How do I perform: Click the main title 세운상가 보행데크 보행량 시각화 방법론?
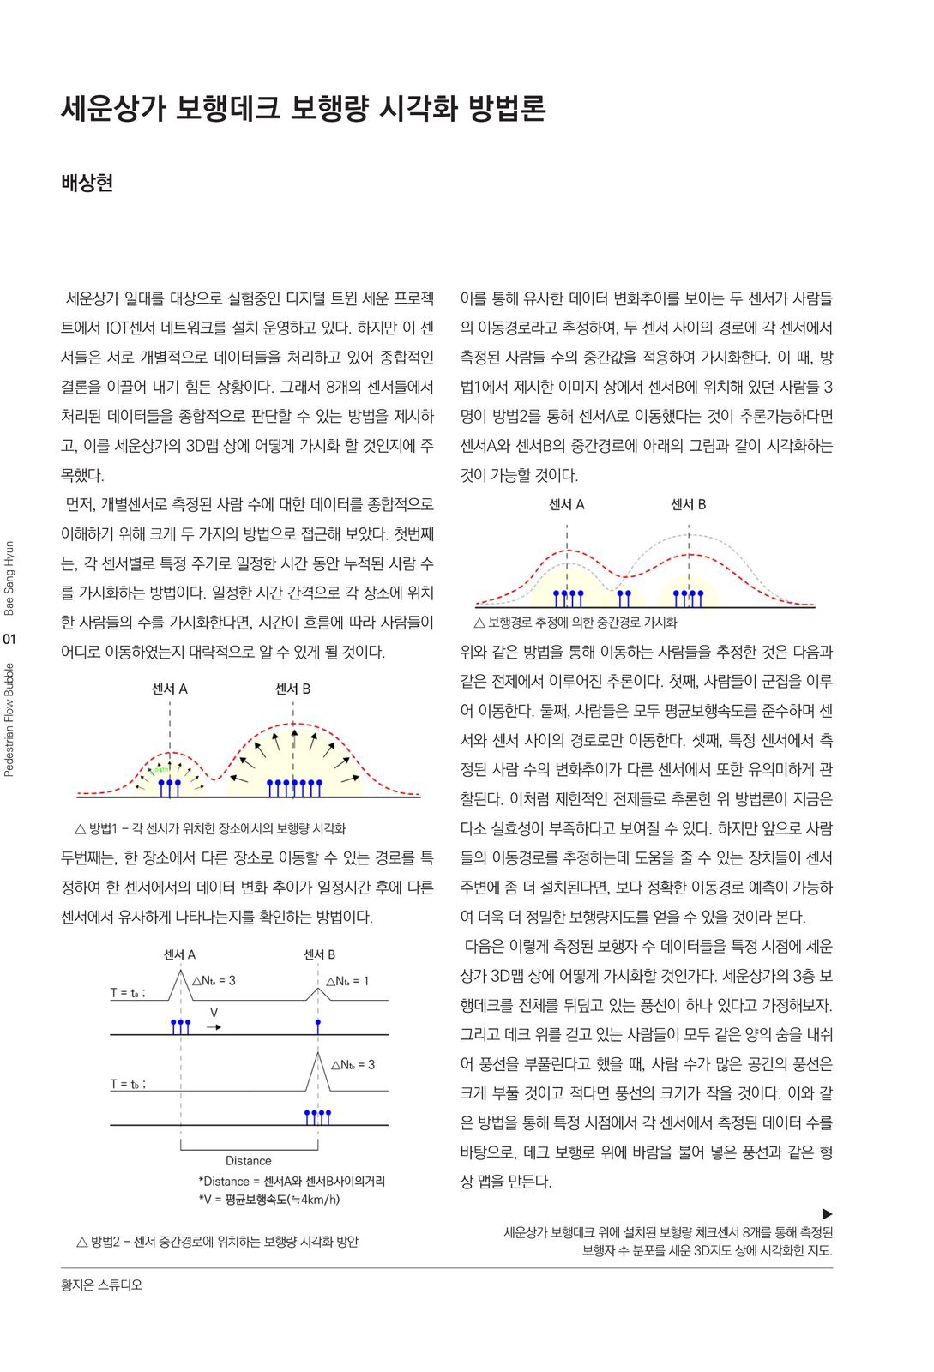pos(304,109)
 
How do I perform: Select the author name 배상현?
pos(87,183)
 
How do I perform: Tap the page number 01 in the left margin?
pos(9,639)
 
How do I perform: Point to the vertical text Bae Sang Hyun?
pos(9,578)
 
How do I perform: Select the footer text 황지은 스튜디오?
pos(101,1285)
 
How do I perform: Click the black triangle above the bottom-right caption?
pos(827,1213)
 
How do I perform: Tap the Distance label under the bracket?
pos(248,1160)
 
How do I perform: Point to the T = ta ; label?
pos(128,992)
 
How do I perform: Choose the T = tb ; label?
pos(128,1084)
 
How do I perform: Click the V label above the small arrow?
pos(214,1013)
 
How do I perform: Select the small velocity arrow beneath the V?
pos(214,1026)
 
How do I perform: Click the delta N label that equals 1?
pos(347,981)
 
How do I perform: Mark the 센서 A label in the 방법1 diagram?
pos(169,689)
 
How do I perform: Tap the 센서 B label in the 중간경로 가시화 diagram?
pos(688,504)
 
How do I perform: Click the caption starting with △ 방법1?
pos(210,828)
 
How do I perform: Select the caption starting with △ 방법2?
pos(217,1241)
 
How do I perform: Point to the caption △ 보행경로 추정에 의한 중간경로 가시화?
pos(575,622)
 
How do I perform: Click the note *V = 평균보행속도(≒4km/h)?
pos(269,1199)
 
